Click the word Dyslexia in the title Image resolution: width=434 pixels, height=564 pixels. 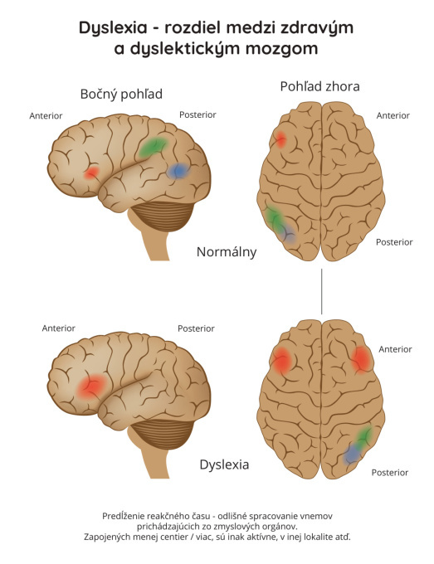[x=113, y=27]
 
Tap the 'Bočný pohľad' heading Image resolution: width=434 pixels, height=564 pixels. [x=121, y=95]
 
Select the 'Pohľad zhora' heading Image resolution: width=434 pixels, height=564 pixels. [x=319, y=87]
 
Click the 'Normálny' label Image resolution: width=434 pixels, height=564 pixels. [x=227, y=252]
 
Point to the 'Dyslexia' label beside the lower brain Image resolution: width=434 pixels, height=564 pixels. [x=224, y=464]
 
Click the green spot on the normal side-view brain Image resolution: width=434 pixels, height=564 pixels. [x=154, y=146]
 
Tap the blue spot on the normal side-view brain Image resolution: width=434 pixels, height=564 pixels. [x=178, y=171]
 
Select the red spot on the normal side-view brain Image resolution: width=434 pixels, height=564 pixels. [x=91, y=173]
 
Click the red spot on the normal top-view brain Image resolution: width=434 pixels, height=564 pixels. [x=280, y=139]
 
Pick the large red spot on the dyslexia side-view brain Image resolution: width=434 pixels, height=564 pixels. [x=92, y=387]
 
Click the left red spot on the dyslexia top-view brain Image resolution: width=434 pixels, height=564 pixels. [x=282, y=360]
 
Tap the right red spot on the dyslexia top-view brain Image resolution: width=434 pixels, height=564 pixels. [x=361, y=360]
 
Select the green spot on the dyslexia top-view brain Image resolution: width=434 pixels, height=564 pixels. [x=364, y=436]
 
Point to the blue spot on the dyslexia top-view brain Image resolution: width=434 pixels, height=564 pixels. [x=352, y=455]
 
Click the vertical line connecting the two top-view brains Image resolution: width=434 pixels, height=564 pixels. [x=321, y=291]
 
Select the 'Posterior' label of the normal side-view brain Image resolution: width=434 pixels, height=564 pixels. [x=197, y=114]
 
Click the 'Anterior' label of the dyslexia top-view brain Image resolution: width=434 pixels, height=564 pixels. [x=395, y=349]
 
